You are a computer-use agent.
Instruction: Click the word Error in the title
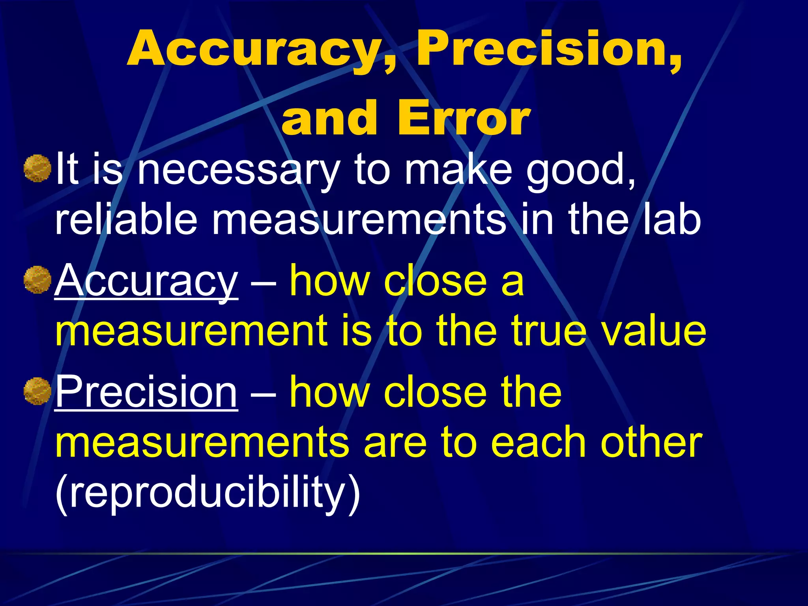[x=464, y=118]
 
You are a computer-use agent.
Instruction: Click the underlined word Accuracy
[x=146, y=281]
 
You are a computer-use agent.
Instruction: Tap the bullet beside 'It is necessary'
[x=37, y=168]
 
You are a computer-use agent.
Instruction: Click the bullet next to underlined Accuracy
[x=37, y=280]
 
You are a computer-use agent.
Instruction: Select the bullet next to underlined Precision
[x=37, y=391]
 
